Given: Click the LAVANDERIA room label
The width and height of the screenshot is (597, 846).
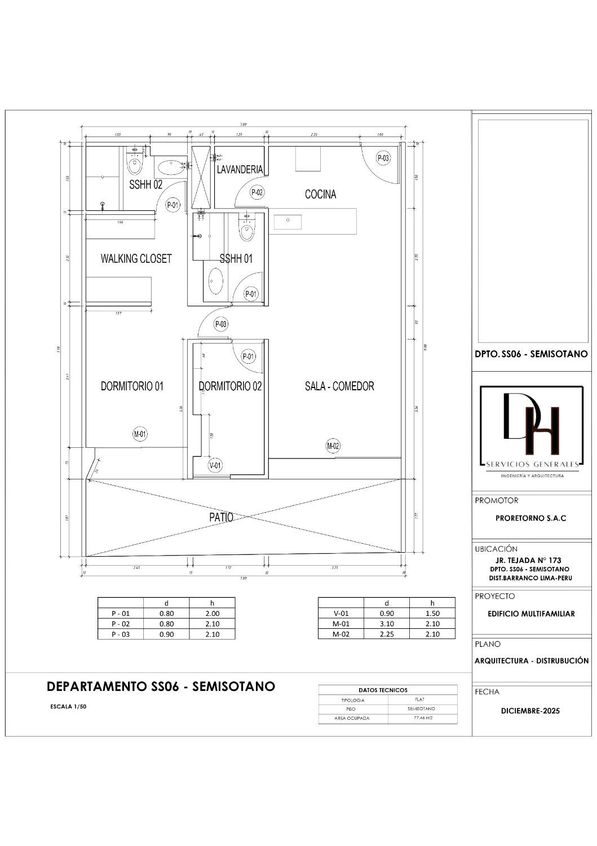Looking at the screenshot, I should click(240, 169).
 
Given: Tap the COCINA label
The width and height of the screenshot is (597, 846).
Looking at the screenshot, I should click(320, 194).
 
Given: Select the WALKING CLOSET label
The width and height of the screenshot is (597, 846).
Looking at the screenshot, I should click(136, 259).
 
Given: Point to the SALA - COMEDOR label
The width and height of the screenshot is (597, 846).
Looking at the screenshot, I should click(339, 386).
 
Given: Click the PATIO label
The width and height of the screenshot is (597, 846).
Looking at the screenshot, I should click(222, 517).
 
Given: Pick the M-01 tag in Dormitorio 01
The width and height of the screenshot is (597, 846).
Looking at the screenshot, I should click(140, 434).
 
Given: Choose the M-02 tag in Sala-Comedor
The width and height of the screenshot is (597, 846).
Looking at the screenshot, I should click(333, 446).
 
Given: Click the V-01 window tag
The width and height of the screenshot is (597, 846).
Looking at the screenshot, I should click(215, 465).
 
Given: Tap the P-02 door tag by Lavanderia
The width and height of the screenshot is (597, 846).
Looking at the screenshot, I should click(257, 192).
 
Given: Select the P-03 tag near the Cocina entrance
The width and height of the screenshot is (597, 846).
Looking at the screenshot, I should click(383, 158).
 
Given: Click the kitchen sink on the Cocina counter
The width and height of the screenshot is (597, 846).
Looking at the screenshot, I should click(288, 222).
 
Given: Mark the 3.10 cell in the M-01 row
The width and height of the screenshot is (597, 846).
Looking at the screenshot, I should click(386, 624).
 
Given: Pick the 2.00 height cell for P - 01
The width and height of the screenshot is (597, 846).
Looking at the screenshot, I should click(212, 614).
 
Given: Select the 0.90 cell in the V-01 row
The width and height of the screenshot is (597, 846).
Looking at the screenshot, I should click(386, 614).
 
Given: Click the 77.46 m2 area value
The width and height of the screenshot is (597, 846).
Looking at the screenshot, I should click(422, 719).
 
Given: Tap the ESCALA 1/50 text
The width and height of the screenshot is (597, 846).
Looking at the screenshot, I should click(68, 706).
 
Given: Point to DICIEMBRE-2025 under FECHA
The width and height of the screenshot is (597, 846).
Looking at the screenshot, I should click(530, 711).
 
